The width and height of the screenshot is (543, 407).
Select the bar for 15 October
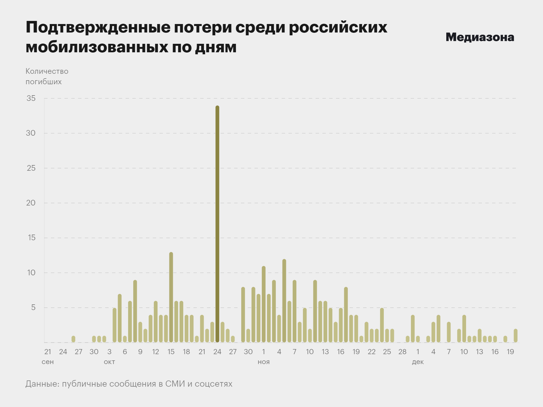coord(171,297)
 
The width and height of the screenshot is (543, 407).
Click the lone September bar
coord(73,339)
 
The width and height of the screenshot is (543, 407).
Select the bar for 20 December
coord(516,335)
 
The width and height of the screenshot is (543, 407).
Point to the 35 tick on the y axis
coord(31,98)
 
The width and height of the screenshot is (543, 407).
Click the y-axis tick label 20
coord(31,203)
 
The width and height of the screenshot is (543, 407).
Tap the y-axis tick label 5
coord(33,308)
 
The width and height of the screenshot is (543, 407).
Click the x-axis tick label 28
coord(402,352)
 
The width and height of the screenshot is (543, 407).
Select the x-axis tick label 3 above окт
coord(109,352)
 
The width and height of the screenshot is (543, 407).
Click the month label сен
coord(48,362)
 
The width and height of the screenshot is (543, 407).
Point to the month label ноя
coord(264,362)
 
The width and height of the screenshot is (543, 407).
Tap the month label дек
coord(418,362)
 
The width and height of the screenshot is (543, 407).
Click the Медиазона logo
coord(480,37)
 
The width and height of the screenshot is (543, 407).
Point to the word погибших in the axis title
coord(44,82)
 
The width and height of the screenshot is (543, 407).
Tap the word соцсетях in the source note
coord(214,384)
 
